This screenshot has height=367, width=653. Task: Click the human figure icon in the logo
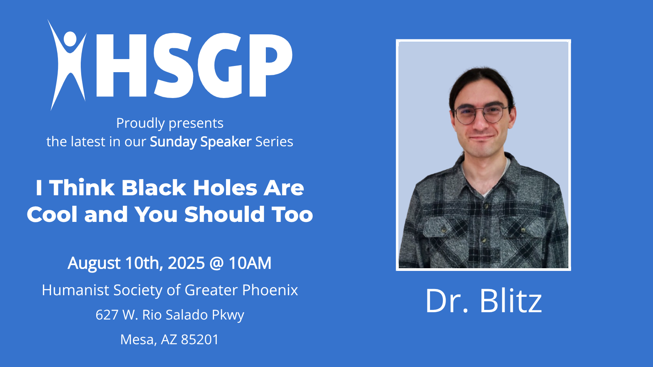click(x=67, y=64)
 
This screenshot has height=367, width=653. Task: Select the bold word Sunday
click(x=173, y=142)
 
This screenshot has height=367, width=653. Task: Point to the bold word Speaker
click(x=226, y=142)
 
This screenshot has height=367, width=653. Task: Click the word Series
click(x=274, y=142)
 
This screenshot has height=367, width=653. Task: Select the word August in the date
click(x=94, y=263)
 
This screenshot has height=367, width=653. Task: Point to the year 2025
click(x=186, y=263)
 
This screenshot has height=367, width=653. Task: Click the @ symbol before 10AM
click(x=216, y=264)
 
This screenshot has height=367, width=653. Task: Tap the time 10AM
click(x=250, y=263)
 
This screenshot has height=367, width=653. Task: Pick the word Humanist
click(x=75, y=290)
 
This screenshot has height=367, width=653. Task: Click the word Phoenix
click(x=270, y=290)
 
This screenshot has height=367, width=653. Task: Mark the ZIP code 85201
click(x=200, y=340)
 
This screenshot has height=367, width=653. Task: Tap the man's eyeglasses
click(x=481, y=114)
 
